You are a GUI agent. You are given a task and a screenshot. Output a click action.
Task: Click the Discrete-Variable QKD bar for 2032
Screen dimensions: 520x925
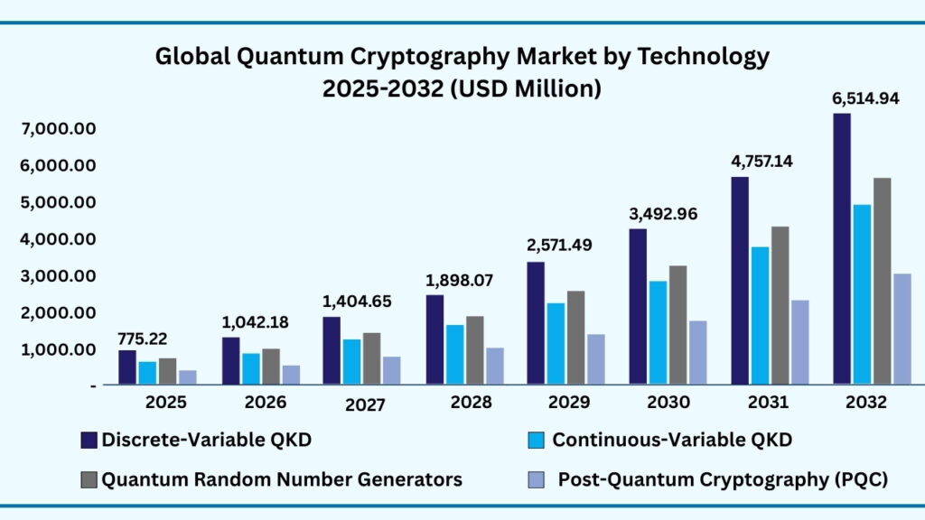click(842, 249)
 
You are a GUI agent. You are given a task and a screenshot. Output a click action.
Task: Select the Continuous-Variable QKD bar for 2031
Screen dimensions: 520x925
click(761, 316)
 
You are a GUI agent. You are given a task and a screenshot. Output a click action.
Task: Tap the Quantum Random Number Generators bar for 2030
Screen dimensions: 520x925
click(677, 325)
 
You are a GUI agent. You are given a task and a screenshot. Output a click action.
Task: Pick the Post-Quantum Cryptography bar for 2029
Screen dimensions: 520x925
click(595, 359)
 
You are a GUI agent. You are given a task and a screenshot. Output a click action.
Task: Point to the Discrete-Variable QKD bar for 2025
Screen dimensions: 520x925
click(126, 367)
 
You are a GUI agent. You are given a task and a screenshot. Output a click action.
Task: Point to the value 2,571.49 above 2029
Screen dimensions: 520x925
click(560, 245)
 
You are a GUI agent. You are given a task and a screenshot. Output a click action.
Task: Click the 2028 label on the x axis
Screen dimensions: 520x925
click(471, 402)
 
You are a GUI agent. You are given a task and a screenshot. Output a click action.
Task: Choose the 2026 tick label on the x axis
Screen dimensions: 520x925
click(266, 402)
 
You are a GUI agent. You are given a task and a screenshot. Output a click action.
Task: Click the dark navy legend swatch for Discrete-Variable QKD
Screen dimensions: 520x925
click(89, 441)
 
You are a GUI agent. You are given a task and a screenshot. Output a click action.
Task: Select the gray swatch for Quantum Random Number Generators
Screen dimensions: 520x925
click(89, 479)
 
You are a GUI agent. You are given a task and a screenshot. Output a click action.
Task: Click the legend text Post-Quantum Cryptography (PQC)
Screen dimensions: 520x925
click(723, 479)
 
